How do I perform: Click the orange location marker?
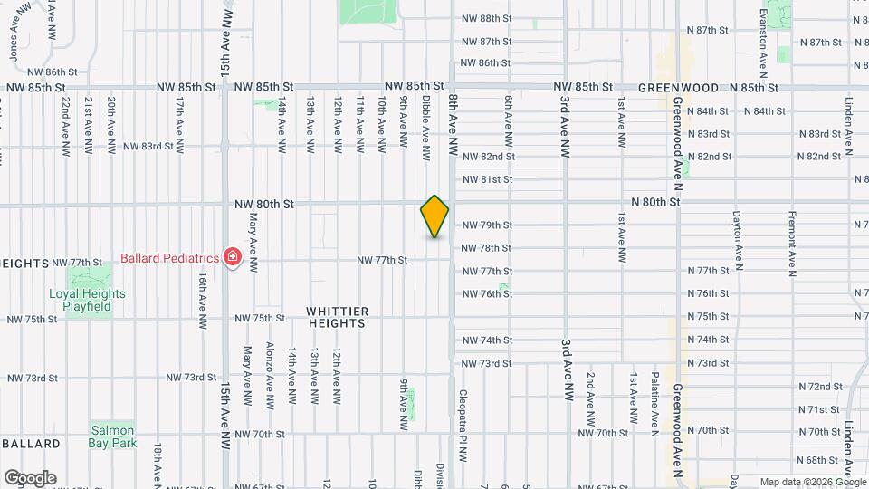click(x=435, y=216)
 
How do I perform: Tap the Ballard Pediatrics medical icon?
click(x=233, y=258)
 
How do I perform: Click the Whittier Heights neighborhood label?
click(x=337, y=317)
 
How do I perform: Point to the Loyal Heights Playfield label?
click(x=88, y=300)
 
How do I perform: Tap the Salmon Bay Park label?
click(x=112, y=436)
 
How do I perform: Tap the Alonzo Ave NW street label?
click(x=269, y=373)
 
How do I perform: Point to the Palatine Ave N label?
click(x=654, y=398)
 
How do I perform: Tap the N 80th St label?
click(x=654, y=202)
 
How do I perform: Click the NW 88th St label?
click(x=487, y=18)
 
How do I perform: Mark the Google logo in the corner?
click(x=30, y=478)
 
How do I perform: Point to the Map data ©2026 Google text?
click(x=811, y=482)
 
